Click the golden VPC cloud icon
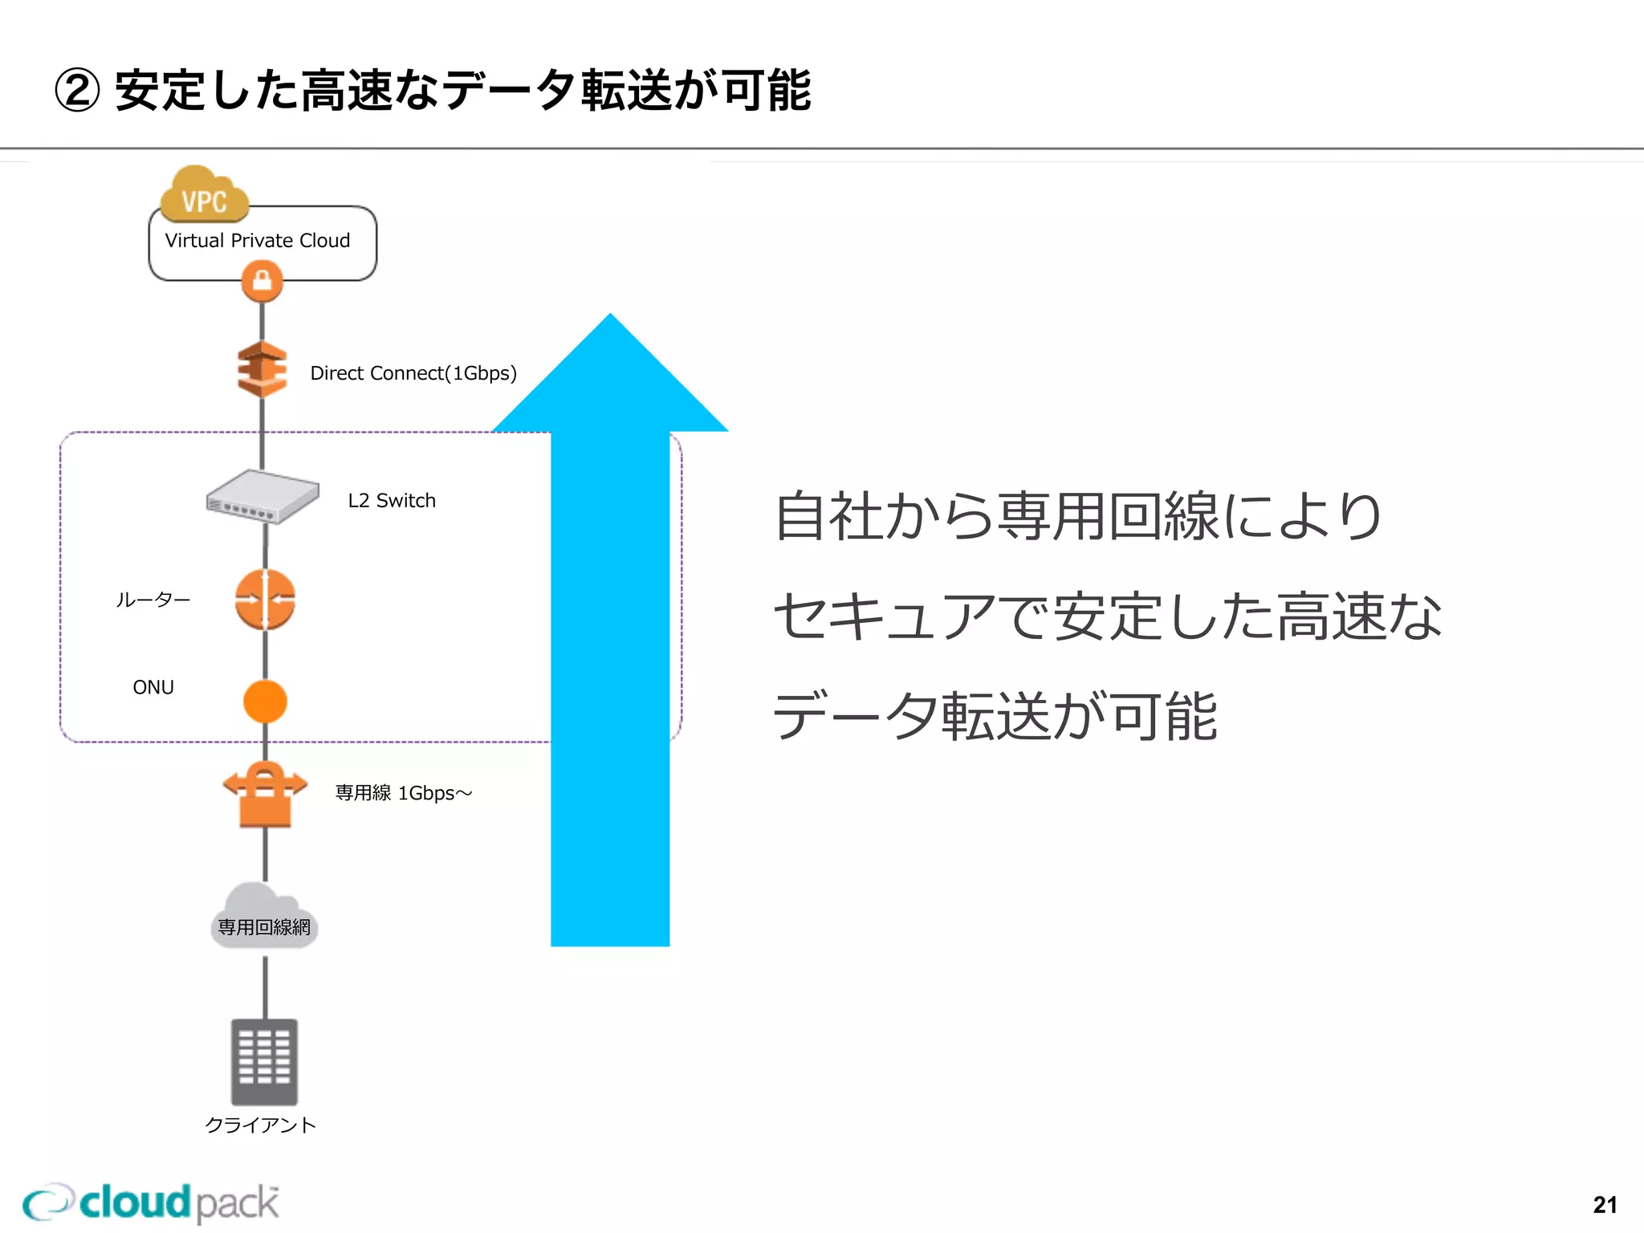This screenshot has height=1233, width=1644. (204, 195)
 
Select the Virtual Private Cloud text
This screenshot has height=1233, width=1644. (257, 241)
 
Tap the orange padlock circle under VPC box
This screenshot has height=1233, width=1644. (262, 282)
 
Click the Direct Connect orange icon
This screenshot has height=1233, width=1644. (262, 369)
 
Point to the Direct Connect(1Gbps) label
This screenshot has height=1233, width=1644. (413, 373)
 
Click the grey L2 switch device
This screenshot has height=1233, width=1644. (262, 496)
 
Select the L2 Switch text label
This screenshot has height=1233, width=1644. (392, 501)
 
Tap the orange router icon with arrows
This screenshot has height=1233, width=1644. (265, 599)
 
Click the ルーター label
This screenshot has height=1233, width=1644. (153, 600)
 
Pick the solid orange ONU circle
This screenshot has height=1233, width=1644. (265, 702)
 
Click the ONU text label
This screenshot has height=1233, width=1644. (153, 688)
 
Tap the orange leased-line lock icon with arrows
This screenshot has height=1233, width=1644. (265, 794)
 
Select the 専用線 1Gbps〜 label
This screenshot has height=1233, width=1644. (404, 793)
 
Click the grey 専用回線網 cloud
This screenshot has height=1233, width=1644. (264, 918)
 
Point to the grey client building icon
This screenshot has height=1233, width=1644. (264, 1061)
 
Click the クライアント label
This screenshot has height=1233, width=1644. (261, 1125)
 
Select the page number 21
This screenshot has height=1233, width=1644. (1605, 1205)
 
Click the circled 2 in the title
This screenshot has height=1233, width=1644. (77, 91)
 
